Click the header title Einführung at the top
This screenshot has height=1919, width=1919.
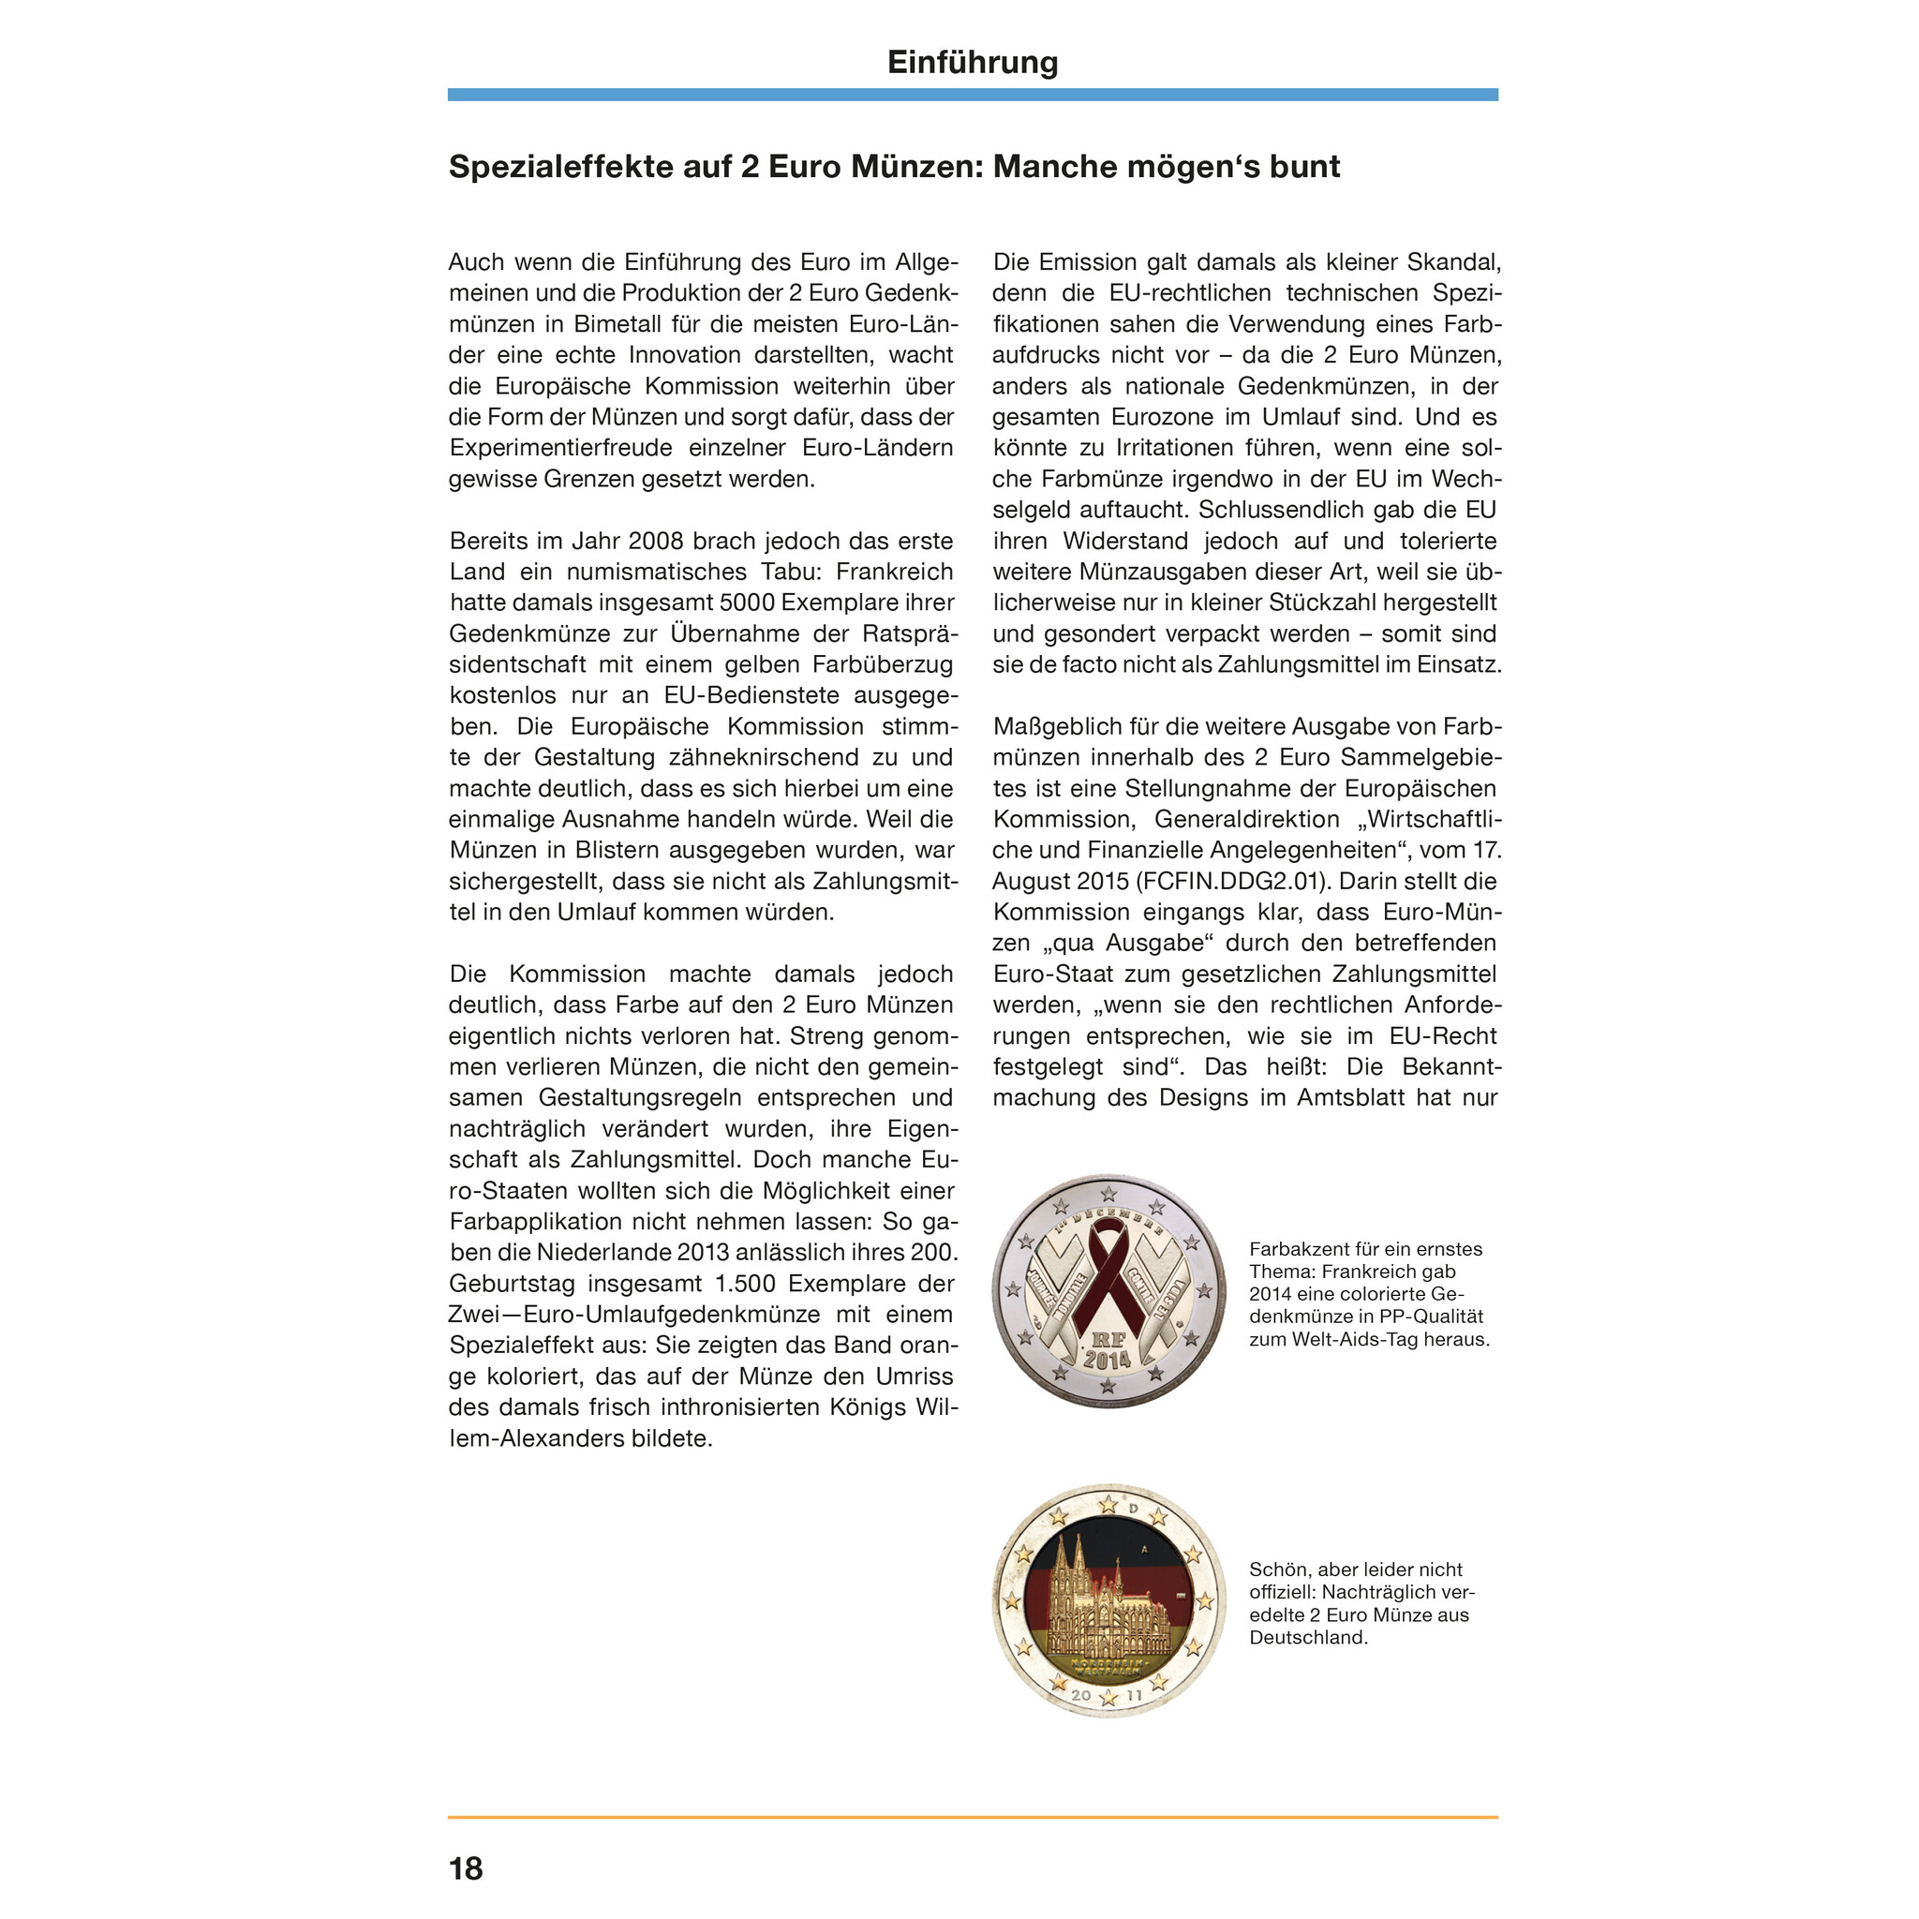coord(972,63)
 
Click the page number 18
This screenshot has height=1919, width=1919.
coord(466,1868)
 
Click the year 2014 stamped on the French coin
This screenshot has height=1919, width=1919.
coord(1108,1360)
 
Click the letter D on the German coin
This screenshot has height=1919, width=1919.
coord(1135,1508)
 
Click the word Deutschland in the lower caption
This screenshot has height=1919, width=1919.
coord(1308,1638)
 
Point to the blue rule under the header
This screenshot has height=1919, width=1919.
coord(972,96)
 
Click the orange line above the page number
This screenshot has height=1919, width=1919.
coord(972,1818)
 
